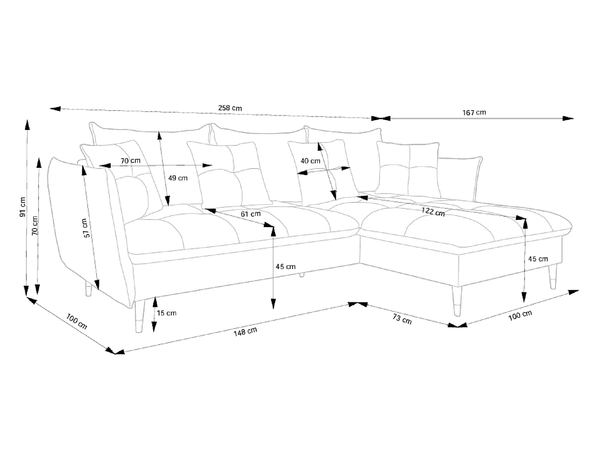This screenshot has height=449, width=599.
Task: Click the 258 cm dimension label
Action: [x=230, y=108]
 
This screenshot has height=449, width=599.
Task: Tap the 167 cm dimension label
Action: [x=474, y=112]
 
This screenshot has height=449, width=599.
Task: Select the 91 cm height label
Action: [x=23, y=207]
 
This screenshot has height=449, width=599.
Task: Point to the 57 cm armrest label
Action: [x=86, y=228]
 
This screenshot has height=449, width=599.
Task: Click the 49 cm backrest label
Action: [x=178, y=178]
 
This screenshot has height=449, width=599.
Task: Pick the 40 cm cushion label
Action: [x=310, y=161]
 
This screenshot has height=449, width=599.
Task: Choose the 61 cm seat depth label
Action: [x=250, y=214]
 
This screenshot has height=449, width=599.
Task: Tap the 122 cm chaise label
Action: [x=433, y=212]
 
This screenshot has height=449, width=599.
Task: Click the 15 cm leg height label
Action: [x=167, y=313]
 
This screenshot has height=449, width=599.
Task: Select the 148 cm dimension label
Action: [x=245, y=332]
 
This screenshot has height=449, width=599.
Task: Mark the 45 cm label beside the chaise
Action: [x=538, y=259]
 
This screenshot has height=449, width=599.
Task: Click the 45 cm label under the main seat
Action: [x=286, y=266]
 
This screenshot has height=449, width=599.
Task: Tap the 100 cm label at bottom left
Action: [x=77, y=321]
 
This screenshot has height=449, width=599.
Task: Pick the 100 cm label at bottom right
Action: [x=520, y=315]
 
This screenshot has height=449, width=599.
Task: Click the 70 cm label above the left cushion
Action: [x=131, y=160]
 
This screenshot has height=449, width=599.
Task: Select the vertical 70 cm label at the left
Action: [x=35, y=226]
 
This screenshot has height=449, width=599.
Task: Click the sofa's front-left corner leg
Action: [x=139, y=316]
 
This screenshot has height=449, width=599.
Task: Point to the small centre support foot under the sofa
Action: [x=301, y=275]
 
